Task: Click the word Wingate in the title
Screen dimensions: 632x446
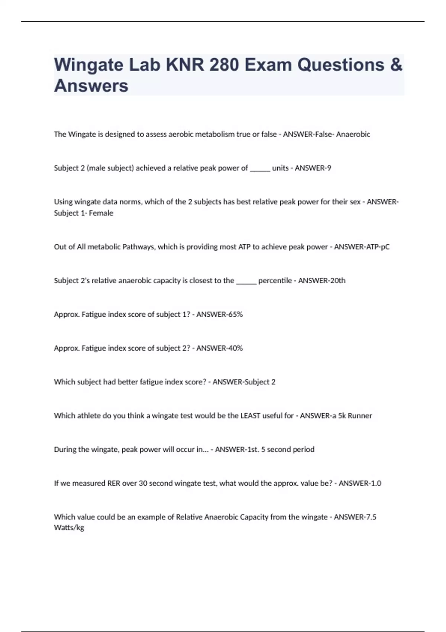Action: coord(88,65)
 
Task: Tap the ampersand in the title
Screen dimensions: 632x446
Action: coord(396,65)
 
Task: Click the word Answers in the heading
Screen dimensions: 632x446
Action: coord(91,86)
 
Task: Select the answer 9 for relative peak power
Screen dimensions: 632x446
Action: coord(329,168)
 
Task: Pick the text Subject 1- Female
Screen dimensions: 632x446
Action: coord(84,213)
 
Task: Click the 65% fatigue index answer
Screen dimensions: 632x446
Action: coord(235,315)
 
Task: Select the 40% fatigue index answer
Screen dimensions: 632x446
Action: coord(235,348)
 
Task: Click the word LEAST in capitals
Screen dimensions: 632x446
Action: coord(250,416)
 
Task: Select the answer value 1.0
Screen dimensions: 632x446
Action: coord(376,483)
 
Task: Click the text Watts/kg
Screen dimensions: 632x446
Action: coord(69,528)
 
